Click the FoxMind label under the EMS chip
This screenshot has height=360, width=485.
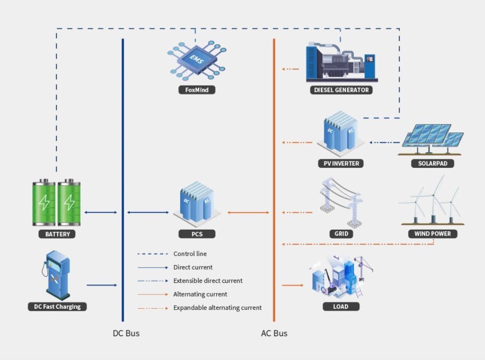[x=197, y=90]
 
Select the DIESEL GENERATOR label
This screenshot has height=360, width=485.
[x=341, y=90]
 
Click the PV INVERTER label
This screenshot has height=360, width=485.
[x=341, y=164]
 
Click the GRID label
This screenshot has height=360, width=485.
[x=341, y=234]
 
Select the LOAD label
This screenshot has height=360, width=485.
[x=341, y=306]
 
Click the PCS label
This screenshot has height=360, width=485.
[x=197, y=234]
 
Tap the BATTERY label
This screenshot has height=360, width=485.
[x=57, y=234]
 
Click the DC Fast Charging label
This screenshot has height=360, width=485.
[x=57, y=306]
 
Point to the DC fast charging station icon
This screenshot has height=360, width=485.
[x=57, y=274]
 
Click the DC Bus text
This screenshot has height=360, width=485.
[x=126, y=334]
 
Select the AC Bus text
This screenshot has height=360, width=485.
[x=274, y=334]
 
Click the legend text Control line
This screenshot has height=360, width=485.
[x=190, y=254]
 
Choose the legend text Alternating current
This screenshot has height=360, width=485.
[x=200, y=294]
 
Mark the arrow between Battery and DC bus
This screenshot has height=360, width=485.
[x=101, y=213]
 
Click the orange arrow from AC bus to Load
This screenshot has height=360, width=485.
[x=293, y=285]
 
